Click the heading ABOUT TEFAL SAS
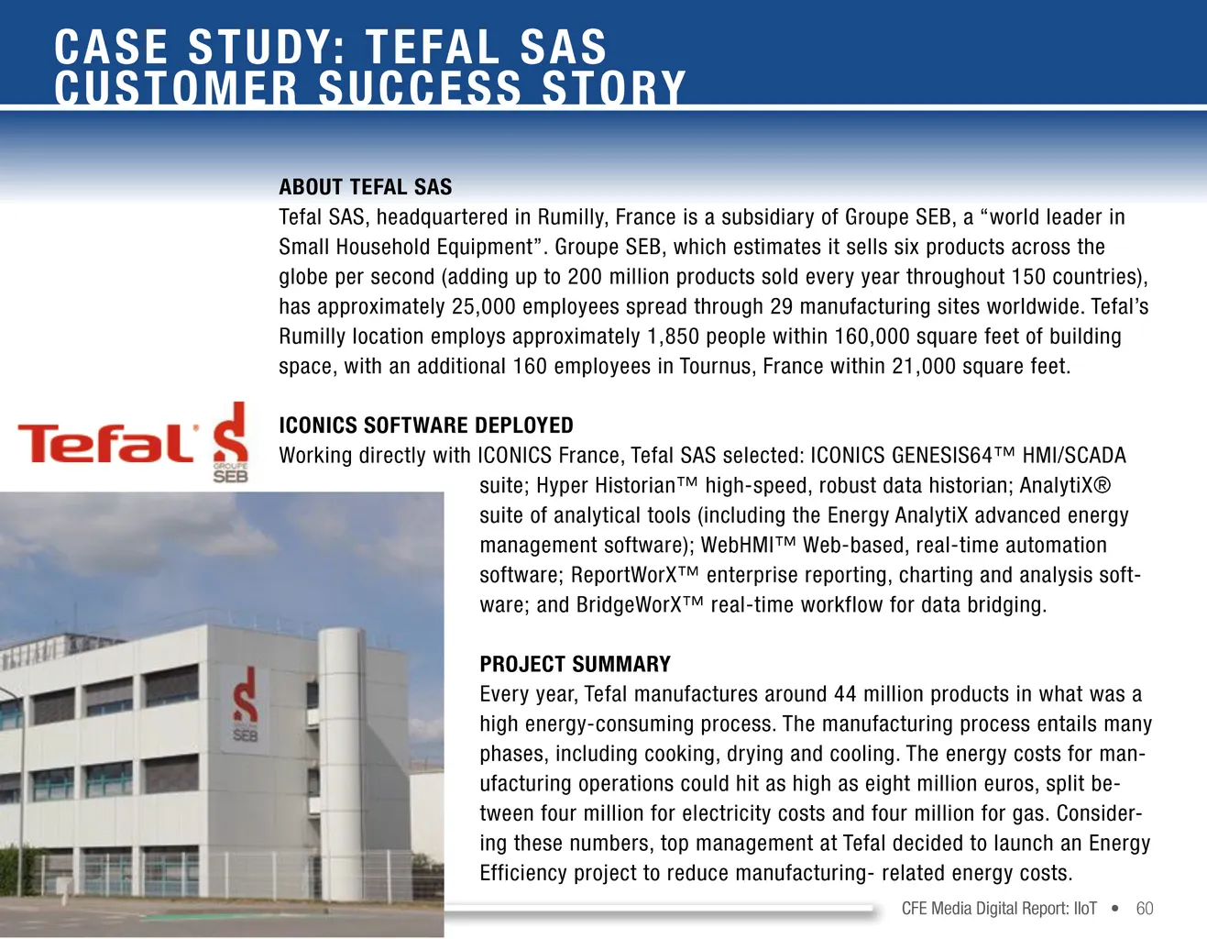coord(365,187)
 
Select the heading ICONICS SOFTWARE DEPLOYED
coord(425,425)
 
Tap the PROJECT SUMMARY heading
coord(575,664)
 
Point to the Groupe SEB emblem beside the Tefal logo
coord(230,442)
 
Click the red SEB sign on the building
coord(245,705)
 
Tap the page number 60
coord(1144,909)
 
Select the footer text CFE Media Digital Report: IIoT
coord(999,909)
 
